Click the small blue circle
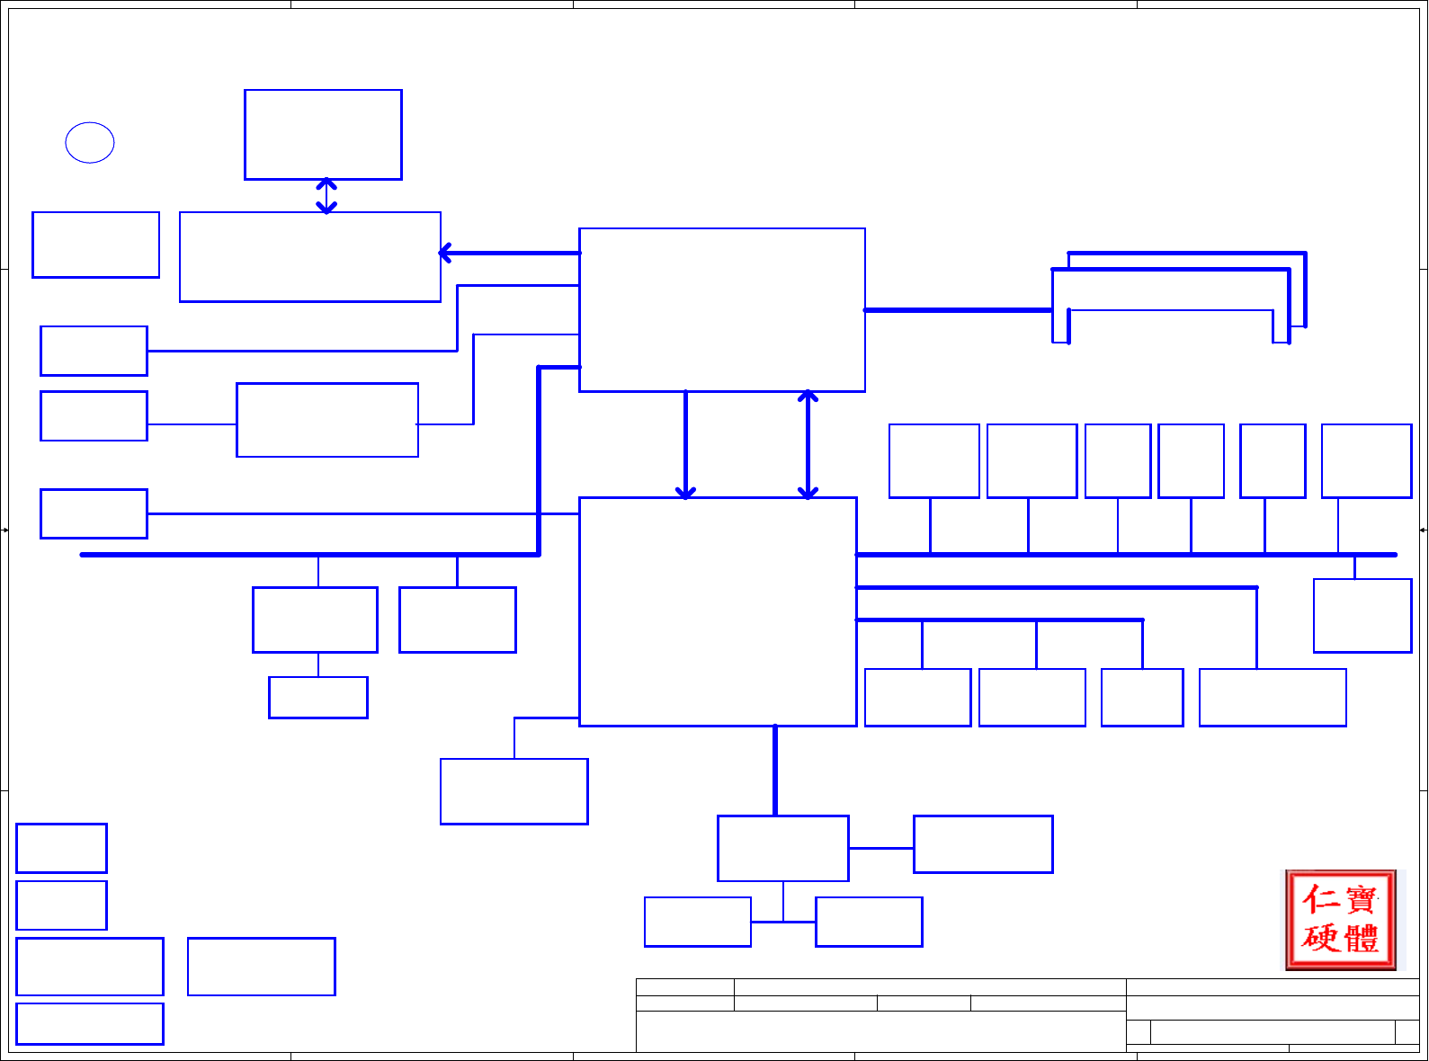point(90,142)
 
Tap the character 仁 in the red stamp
point(1321,899)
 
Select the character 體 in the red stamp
point(1361,939)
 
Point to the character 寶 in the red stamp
point(1361,899)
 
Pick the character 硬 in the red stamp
point(1321,939)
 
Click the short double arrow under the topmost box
point(326,196)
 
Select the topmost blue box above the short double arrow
point(323,135)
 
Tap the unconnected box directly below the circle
point(95,245)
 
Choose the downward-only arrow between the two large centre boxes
point(685,444)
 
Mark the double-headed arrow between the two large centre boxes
point(808,444)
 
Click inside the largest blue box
point(718,611)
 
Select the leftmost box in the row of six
point(933,460)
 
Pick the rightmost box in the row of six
point(1366,460)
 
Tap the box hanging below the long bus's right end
point(1362,616)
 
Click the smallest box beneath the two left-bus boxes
point(318,698)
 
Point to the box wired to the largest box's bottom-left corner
point(514,791)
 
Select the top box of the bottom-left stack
point(61,848)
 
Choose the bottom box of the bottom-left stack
point(90,1023)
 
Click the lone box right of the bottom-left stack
point(261,967)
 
